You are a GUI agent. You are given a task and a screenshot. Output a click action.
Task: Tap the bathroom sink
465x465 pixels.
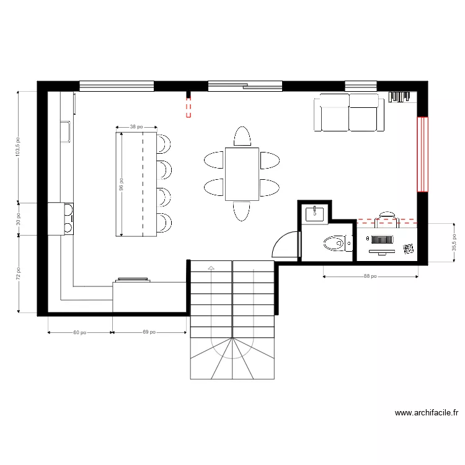314,215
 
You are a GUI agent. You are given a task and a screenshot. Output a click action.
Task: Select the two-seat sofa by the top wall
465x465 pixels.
349,113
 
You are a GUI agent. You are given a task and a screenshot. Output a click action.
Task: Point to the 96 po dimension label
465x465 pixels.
122,184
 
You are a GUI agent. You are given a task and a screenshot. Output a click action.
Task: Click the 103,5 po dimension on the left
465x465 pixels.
18,147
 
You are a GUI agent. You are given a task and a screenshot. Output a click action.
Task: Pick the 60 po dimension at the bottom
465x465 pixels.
79,332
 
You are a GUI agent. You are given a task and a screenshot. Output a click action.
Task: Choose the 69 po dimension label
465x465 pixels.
149,332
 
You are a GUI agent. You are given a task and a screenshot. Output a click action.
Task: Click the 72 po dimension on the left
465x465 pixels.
18,273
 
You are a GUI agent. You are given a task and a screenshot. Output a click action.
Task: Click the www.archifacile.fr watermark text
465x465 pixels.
427,412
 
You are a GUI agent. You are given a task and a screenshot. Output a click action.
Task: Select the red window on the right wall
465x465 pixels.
422,154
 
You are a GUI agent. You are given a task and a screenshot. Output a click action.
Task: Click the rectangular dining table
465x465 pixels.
242,174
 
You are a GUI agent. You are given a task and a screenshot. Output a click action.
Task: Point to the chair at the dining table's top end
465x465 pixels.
242,136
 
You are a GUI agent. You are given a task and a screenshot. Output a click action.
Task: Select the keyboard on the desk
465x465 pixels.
383,239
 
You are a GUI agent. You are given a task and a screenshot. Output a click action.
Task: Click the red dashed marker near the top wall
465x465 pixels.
188,106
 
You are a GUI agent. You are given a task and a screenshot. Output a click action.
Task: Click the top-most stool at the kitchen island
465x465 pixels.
164,143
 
